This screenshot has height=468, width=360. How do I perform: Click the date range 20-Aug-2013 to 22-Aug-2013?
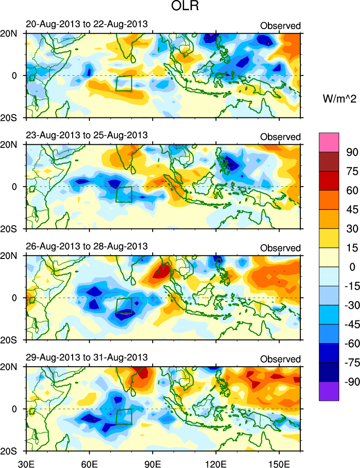coord(87,24)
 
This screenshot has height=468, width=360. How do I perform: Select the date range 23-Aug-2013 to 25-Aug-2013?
coord(87,135)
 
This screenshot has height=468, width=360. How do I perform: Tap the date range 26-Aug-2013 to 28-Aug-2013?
coord(87,246)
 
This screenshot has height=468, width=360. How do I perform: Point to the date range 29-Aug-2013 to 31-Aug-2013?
coord(87,357)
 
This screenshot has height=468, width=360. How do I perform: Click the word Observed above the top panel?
coord(280,25)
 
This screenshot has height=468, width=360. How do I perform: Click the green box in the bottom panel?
coord(124,417)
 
